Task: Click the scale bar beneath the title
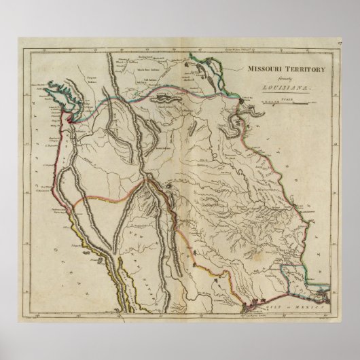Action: [286, 104]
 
